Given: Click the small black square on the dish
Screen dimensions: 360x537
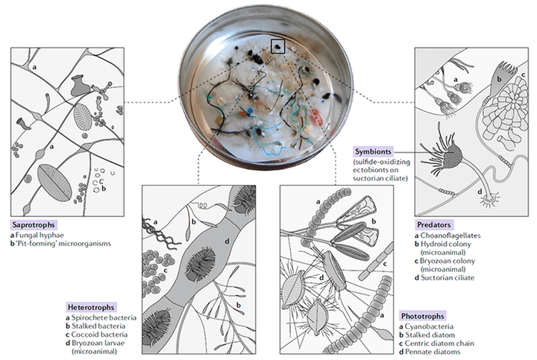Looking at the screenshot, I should [x=277, y=45].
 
